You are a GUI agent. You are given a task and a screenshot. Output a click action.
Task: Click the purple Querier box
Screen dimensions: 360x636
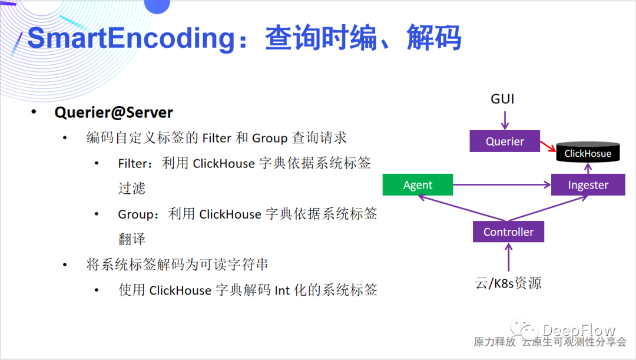(x=505, y=141)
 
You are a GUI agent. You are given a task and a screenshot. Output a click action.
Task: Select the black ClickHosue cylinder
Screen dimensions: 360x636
(x=588, y=153)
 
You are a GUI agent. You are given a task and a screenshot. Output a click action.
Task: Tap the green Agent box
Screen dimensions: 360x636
(x=418, y=185)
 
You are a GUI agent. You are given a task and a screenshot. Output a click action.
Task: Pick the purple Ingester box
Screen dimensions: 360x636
(x=588, y=185)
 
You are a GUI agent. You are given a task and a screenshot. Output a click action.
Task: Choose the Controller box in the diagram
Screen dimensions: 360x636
(x=508, y=232)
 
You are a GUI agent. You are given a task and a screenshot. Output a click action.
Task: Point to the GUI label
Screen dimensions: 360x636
(x=502, y=99)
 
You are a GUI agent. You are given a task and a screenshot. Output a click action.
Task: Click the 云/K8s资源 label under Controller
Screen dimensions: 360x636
(x=508, y=283)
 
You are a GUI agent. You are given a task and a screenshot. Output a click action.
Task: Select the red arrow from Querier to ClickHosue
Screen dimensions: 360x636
(x=548, y=147)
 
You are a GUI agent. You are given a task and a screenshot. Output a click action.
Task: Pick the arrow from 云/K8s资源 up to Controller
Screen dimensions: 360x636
(x=508, y=257)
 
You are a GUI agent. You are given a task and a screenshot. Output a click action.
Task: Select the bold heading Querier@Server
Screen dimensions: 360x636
(x=114, y=113)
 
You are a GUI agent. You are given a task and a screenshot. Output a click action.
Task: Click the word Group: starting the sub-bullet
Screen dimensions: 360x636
(x=140, y=214)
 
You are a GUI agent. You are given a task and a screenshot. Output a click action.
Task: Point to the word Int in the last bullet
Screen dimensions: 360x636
(x=282, y=290)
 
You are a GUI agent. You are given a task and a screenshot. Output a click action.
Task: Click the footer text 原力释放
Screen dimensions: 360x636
(x=495, y=342)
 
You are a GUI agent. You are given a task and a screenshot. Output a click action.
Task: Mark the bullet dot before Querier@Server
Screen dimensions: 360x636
(x=34, y=112)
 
